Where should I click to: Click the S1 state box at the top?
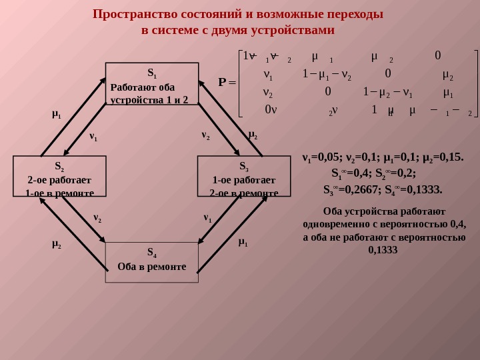(x=152, y=83)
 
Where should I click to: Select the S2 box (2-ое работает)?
(x=59, y=176)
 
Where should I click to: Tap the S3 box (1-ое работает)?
(x=244, y=176)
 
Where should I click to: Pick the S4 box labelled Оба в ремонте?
(x=152, y=262)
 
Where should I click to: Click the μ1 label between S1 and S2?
(x=56, y=114)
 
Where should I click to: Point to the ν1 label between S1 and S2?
(x=93, y=137)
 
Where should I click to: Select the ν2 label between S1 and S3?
(x=205, y=135)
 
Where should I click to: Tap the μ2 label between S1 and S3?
(x=253, y=135)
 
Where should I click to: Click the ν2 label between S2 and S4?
(x=97, y=218)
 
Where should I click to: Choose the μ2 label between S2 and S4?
(x=56, y=244)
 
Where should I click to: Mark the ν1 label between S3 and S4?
(x=207, y=218)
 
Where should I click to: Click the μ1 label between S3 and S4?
(x=243, y=242)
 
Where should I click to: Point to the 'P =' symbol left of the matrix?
(x=227, y=83)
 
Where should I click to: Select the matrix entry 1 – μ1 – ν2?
(x=327, y=74)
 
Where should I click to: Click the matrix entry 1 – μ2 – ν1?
(x=387, y=92)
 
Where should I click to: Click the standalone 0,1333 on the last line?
(x=383, y=251)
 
